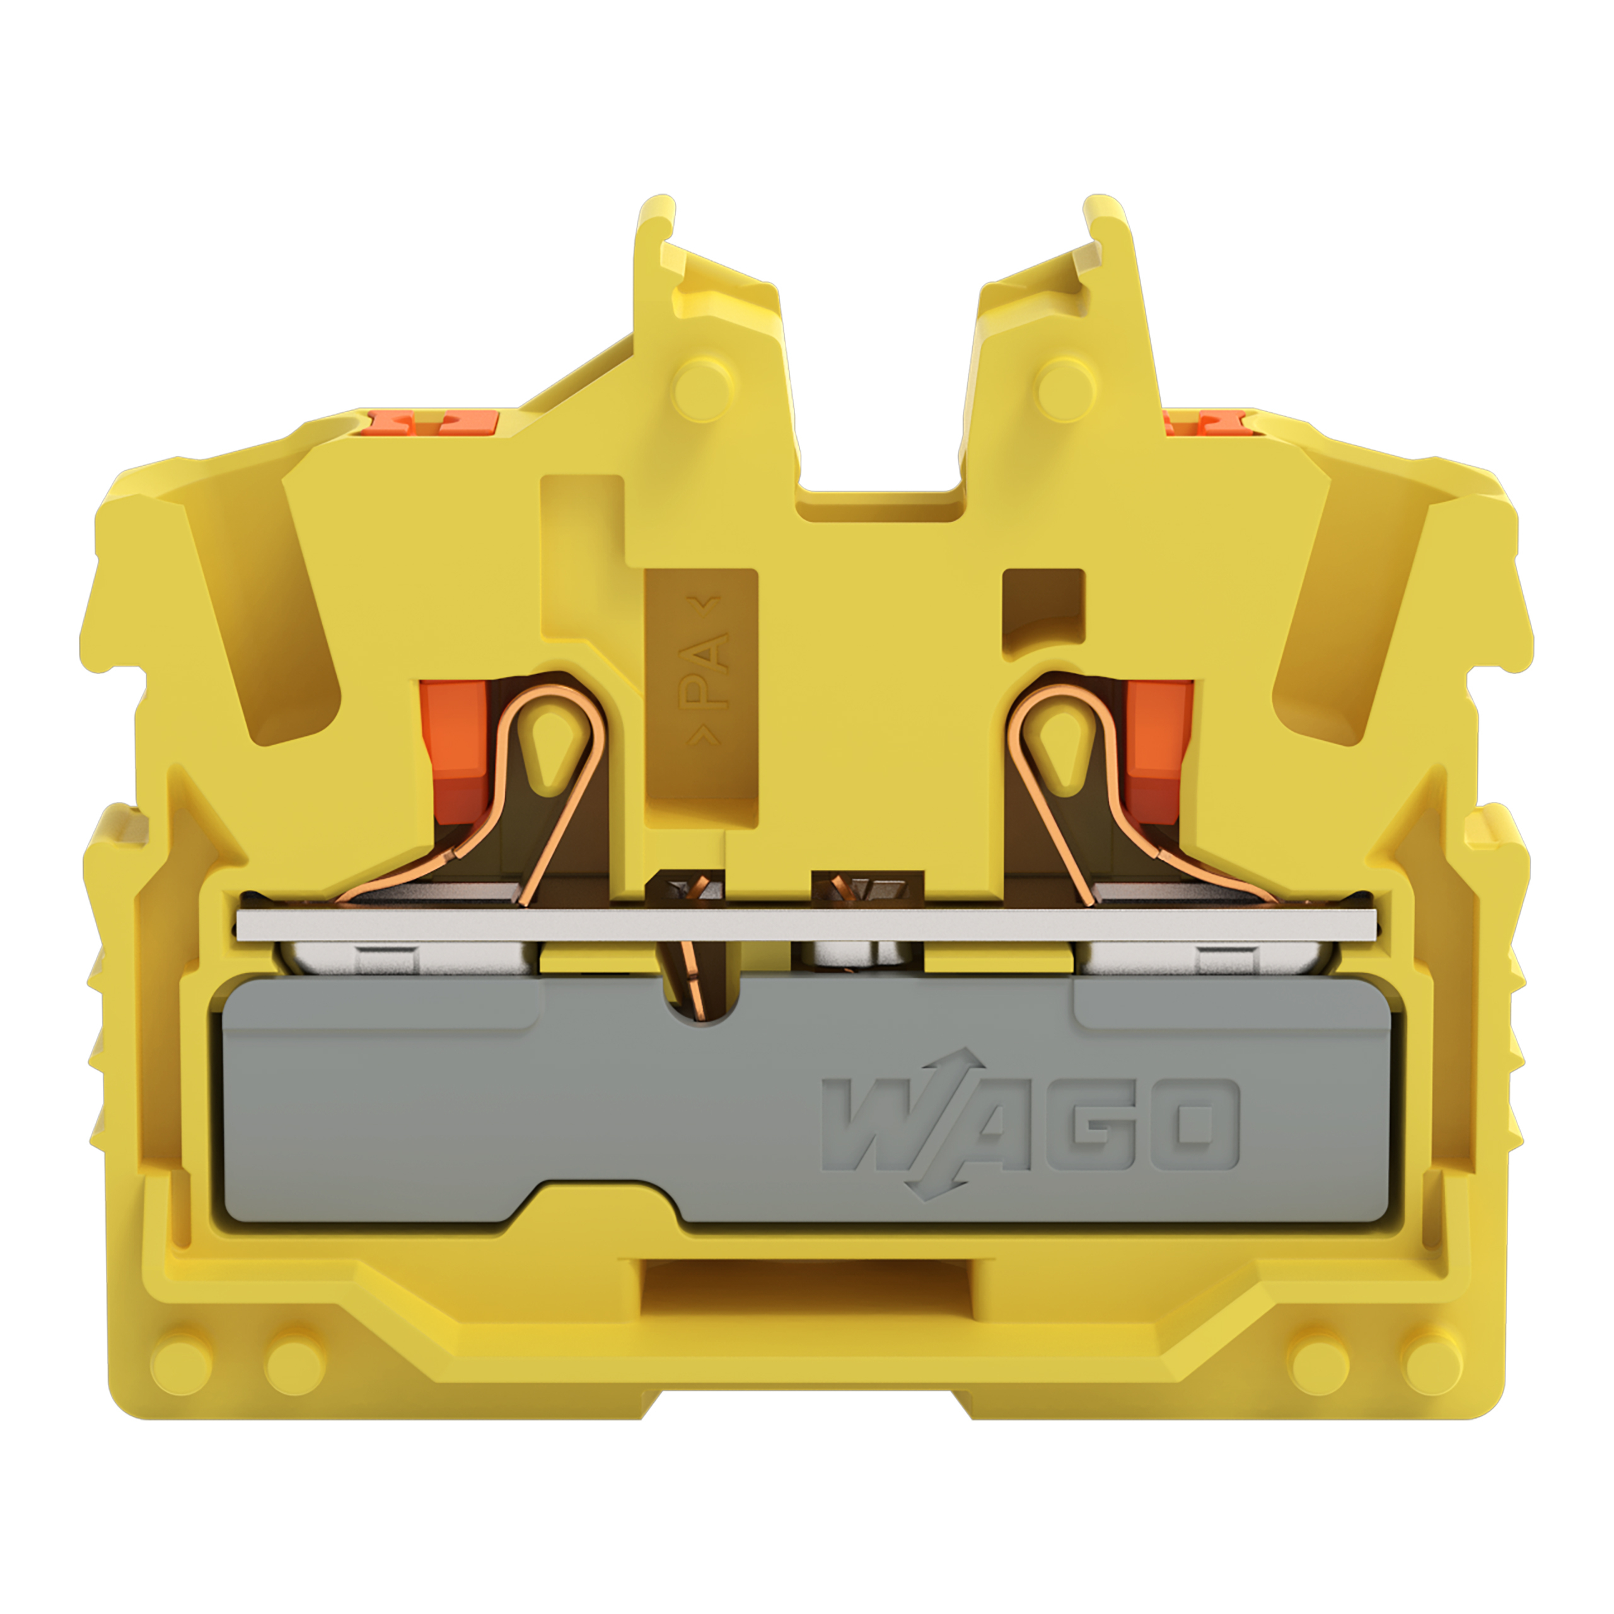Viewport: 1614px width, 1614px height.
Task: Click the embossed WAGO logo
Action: point(1030,1125)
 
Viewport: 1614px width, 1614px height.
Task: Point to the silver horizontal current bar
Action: point(806,924)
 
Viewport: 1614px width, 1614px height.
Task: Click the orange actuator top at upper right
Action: point(1208,422)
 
